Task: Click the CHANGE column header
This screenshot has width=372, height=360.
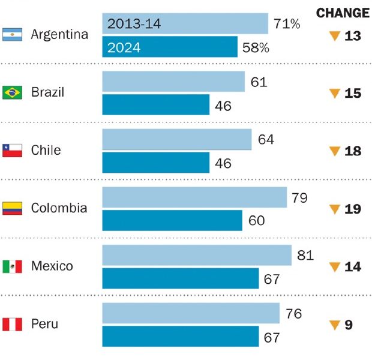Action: (342, 13)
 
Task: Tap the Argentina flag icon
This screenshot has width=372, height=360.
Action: (12, 35)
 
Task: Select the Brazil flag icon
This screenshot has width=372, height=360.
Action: (12, 92)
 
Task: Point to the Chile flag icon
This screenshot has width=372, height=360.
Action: (12, 150)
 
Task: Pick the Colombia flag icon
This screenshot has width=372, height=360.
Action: (12, 208)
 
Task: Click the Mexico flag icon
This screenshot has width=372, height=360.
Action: (12, 266)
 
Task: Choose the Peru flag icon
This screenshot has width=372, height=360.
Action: (12, 325)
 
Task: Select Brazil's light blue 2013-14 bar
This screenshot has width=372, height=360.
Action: (173, 82)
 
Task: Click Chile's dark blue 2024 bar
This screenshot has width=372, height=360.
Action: (156, 163)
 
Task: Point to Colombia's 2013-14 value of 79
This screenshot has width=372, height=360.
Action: (300, 197)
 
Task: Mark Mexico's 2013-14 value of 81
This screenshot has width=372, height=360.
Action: (305, 256)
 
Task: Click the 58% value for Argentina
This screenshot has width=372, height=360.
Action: (256, 47)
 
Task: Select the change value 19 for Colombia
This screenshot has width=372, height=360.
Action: (353, 209)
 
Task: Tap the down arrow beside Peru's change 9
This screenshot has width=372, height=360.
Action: (335, 326)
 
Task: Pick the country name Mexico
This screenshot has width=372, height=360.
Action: (52, 266)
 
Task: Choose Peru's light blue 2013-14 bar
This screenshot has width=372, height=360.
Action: (191, 313)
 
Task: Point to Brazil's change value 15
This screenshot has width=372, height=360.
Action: (353, 94)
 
